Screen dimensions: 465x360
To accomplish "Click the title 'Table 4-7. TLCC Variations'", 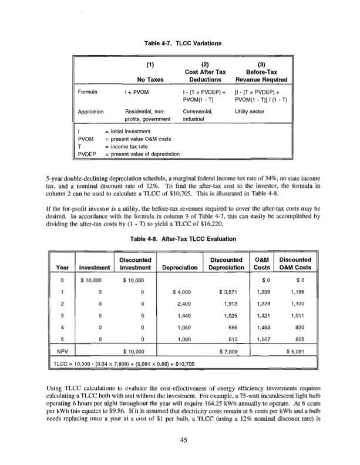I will [180, 42].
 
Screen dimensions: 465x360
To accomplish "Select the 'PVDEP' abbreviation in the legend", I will [88, 154].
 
